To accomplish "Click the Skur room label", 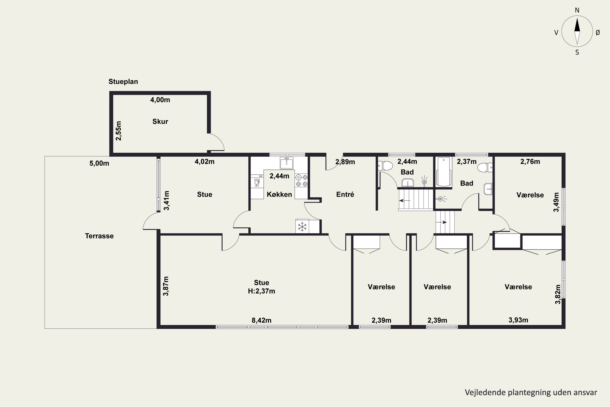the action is tap(160, 121).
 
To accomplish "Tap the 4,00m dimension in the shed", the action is tap(160, 100).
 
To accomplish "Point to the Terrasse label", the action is tap(99, 236).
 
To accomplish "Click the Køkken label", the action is tap(279, 194).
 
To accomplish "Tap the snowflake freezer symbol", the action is tap(302, 227).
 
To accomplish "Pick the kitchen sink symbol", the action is tap(286, 163).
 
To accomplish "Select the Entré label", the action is tap(345, 194).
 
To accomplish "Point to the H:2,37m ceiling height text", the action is tap(261, 291).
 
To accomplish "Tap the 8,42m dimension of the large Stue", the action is tap(261, 320).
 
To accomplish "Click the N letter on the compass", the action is tap(577, 10).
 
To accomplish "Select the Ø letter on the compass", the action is tap(598, 32).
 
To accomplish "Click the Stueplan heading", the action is tap(123, 82).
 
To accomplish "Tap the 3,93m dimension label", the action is tap(518, 320).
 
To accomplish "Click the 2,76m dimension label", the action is tap(530, 162).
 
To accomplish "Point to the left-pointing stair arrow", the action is tap(404, 200).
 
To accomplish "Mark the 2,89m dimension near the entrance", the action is tap(345, 162).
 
